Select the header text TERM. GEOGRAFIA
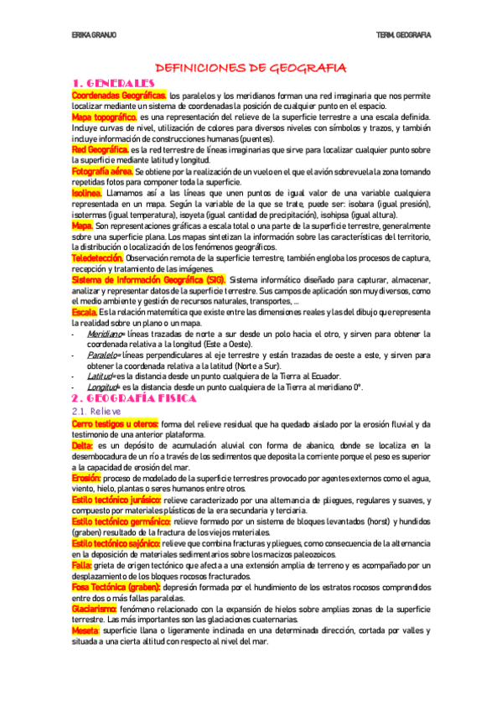404,34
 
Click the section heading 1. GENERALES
114,83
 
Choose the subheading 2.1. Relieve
97,413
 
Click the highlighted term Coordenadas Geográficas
119,96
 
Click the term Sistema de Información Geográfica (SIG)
147,279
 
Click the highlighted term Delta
84,447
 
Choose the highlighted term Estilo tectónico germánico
122,522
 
